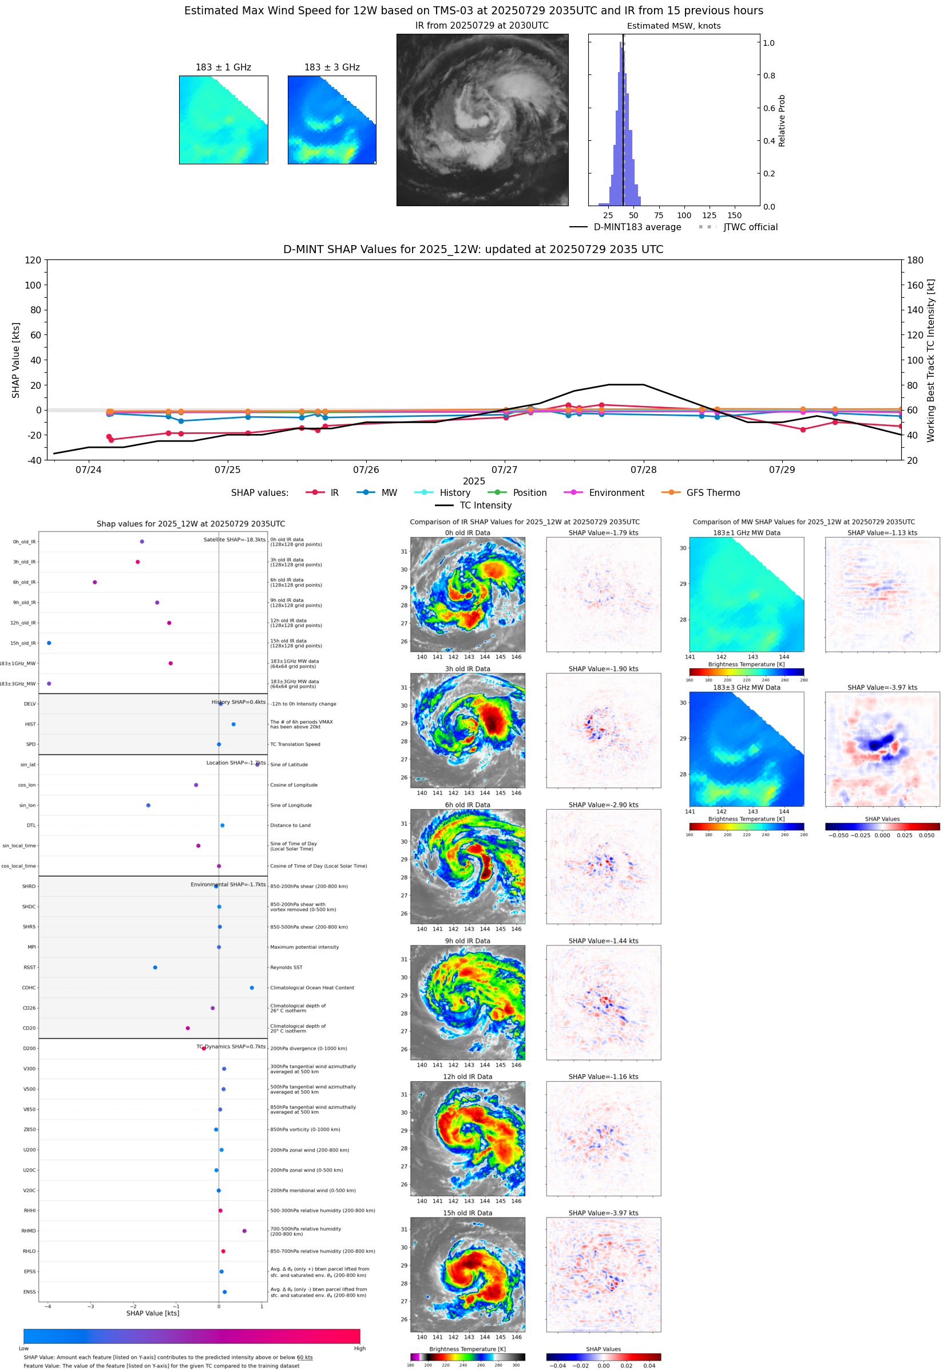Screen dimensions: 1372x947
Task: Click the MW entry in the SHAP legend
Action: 389,493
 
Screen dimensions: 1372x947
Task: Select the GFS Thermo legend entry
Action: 712,493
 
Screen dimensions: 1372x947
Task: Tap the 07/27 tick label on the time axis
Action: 504,470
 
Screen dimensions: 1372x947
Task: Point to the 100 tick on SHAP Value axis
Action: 33,285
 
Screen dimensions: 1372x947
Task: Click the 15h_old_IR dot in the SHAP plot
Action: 49,643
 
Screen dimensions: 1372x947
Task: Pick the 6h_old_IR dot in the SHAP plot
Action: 95,582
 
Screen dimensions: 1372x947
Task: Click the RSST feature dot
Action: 156,968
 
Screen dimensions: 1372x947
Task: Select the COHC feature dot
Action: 252,988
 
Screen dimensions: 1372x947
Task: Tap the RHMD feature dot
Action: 244,1231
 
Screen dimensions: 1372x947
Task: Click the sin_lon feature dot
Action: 148,806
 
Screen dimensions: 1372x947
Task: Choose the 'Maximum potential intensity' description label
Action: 304,948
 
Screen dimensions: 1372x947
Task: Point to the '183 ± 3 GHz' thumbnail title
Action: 332,68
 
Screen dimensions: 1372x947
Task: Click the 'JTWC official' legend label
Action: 750,227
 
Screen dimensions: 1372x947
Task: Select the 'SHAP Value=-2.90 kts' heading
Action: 603,805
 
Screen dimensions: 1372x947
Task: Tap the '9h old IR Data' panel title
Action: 467,941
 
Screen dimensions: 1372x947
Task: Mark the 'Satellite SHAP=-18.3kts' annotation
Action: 235,539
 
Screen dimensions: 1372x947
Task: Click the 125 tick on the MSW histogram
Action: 709,215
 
